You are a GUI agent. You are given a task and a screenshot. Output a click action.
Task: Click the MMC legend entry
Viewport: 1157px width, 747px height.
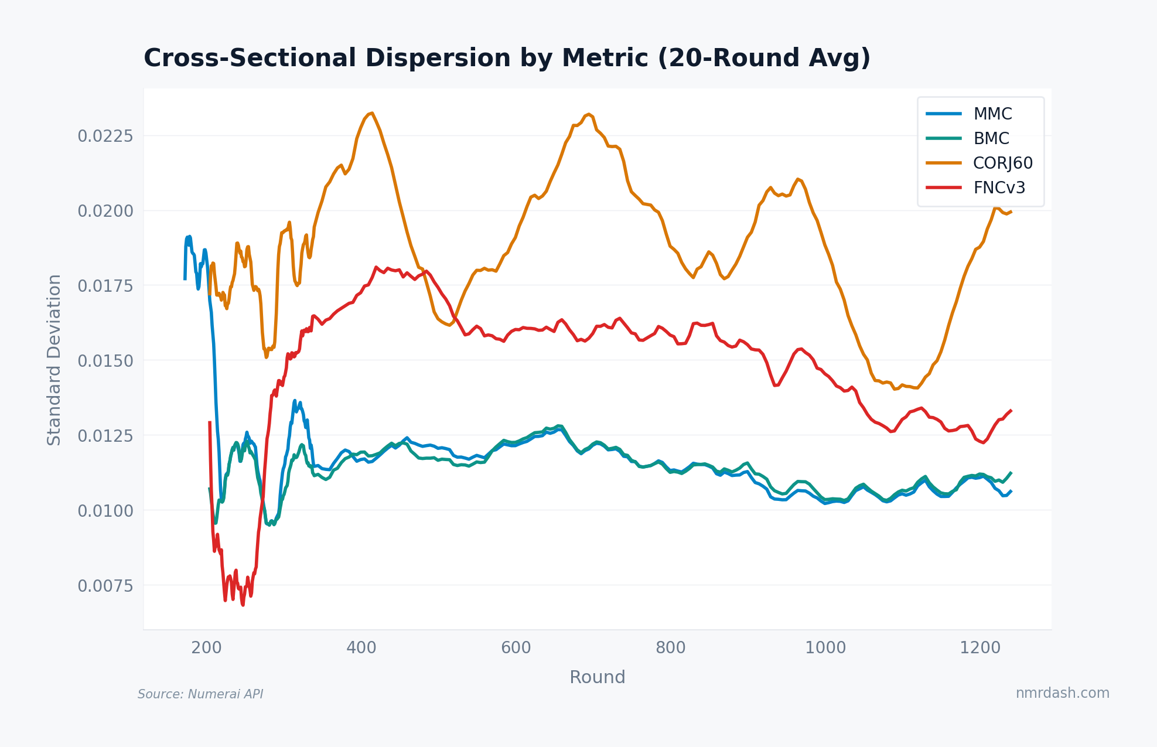[x=992, y=114]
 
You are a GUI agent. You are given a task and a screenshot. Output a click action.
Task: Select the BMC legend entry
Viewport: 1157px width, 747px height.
[x=991, y=138]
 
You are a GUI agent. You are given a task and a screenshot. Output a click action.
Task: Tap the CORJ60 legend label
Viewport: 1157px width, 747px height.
[x=1002, y=163]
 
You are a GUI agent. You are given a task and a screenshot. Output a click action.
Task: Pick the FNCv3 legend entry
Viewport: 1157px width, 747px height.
[x=999, y=187]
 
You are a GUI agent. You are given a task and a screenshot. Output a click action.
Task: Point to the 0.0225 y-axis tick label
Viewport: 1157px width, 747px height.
[x=105, y=136]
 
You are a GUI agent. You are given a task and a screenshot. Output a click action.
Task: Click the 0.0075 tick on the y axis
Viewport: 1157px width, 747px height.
[x=105, y=585]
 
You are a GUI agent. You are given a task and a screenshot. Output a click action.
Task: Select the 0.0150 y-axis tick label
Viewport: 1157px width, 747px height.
[x=105, y=360]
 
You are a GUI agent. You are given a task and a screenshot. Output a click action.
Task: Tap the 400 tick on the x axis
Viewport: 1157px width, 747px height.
[x=361, y=647]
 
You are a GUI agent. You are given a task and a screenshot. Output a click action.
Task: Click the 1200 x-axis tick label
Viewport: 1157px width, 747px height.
[x=979, y=647]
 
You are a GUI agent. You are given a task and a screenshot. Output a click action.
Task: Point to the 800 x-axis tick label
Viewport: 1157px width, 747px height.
[x=670, y=647]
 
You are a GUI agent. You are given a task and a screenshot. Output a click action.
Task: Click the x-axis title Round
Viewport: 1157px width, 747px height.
[x=597, y=677]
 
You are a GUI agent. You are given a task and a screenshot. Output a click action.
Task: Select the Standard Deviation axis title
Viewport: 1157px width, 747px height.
[x=54, y=360]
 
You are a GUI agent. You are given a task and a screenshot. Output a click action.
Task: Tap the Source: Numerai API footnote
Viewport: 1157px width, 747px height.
[x=200, y=694]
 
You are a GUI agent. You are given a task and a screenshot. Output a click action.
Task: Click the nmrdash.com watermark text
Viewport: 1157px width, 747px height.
[x=1062, y=693]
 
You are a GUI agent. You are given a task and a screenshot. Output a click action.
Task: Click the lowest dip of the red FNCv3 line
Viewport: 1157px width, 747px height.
[x=243, y=605]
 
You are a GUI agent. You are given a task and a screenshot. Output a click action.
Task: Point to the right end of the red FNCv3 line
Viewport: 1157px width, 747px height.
[x=1011, y=410]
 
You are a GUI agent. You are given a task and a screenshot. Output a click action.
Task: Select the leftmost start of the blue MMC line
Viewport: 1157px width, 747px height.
[x=185, y=279]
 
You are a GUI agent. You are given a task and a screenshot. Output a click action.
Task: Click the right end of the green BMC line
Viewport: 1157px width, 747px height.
[x=1011, y=472]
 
